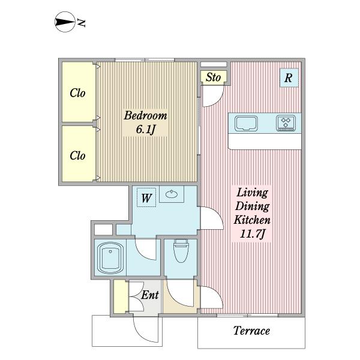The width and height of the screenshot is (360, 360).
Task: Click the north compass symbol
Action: coord(65,22)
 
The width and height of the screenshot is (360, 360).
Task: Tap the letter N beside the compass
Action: coord(81,23)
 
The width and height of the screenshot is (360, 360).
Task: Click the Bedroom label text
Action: coord(146,115)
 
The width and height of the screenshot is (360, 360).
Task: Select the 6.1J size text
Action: coord(146,129)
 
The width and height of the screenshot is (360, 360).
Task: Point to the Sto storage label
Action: coord(213,77)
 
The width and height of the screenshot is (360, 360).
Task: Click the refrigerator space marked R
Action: coord(289,77)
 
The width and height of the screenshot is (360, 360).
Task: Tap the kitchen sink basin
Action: coord(246,124)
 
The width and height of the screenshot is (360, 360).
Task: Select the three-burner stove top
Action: coord(286,123)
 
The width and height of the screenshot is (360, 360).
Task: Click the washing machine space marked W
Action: coord(146,197)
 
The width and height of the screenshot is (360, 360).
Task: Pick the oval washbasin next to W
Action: coord(172,194)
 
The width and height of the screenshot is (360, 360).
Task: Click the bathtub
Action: coord(110,257)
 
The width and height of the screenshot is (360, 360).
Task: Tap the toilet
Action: coord(181,251)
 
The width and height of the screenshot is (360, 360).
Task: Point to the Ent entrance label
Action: coord(150,295)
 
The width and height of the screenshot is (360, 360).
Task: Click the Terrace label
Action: coord(251,331)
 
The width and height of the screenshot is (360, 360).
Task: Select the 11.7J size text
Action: coord(252,234)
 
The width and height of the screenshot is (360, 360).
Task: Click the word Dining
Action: coord(252,206)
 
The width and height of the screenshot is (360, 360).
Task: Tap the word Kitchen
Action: coord(252,220)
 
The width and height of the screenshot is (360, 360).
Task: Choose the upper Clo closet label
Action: coord(77,93)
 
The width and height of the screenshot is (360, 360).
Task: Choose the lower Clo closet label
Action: coord(77,155)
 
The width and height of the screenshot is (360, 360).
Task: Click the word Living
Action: coord(252,193)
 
